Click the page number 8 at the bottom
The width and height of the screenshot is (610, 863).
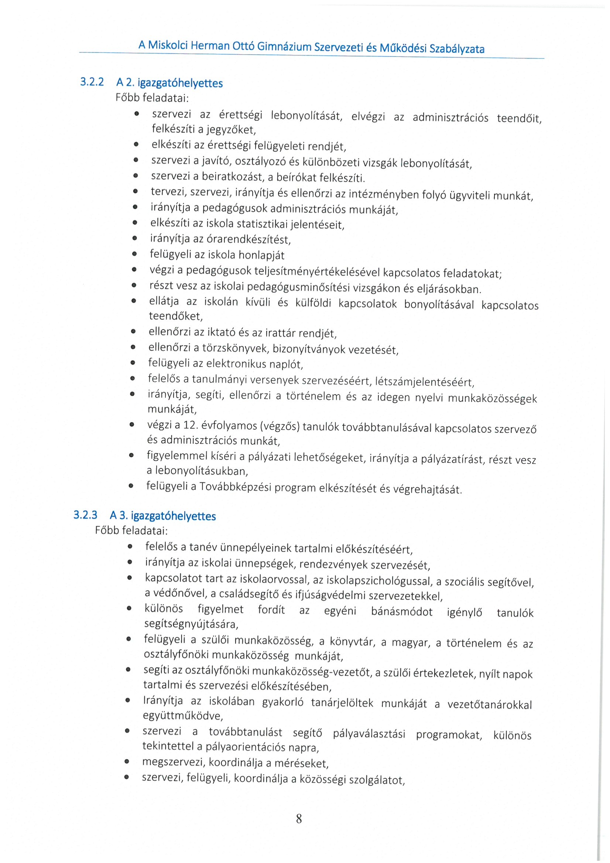click(299, 818)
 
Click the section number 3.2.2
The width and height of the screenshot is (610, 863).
click(92, 82)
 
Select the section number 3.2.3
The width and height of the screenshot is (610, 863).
click(85, 515)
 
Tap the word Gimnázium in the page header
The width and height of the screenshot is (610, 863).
click(284, 47)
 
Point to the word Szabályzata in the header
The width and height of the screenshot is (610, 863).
click(457, 49)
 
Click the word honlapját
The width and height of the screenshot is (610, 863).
click(261, 255)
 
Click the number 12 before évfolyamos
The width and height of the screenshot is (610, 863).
click(191, 425)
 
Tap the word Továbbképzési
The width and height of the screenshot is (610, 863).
click(235, 487)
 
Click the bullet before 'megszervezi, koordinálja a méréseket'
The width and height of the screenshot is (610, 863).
click(127, 762)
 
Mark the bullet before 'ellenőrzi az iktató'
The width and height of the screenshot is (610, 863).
click(133, 331)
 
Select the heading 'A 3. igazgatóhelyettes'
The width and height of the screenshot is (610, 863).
click(162, 515)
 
